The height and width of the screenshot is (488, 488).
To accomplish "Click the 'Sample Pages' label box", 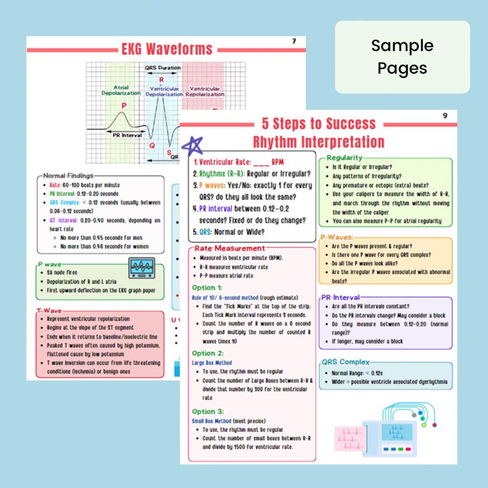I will (402, 57).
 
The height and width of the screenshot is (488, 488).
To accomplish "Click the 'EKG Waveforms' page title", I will (167, 49).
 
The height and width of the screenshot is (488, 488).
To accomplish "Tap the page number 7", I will (294, 42).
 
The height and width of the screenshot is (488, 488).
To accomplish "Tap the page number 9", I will (445, 116).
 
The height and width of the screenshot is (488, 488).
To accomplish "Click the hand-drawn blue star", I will (193, 146).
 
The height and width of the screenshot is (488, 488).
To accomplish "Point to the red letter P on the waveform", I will (124, 105).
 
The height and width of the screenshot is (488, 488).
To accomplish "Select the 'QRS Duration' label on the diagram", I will (162, 68).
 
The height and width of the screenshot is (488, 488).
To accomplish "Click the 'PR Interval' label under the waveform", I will (127, 135).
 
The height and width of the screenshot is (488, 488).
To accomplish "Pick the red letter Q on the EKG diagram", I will (152, 146).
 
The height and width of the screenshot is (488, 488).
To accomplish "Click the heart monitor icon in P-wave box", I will (142, 268).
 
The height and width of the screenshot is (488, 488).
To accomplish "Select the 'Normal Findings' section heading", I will (68, 176).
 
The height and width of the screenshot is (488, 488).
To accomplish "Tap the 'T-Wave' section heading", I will (49, 311).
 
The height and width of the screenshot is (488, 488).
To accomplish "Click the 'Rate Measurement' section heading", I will (229, 248).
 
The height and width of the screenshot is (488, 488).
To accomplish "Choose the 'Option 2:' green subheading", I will (208, 353).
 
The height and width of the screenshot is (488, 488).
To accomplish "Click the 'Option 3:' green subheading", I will (208, 411).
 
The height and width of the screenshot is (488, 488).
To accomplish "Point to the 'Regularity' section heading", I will (344, 158).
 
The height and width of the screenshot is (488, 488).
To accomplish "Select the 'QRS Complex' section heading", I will (345, 362).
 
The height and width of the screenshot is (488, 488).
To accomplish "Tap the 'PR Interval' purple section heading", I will (341, 297).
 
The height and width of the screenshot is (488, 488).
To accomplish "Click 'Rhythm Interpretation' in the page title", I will (318, 142).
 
